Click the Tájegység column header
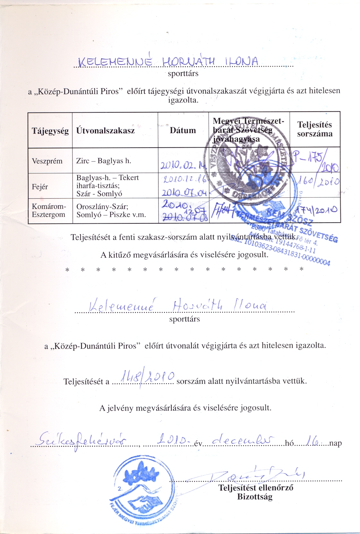(x=50, y=131)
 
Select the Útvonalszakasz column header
(x=106, y=130)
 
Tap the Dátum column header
(x=183, y=130)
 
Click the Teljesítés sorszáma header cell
(x=314, y=129)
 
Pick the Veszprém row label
(x=47, y=161)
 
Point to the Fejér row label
(x=40, y=186)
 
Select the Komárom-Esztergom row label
(x=49, y=211)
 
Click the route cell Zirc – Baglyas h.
(x=104, y=161)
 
